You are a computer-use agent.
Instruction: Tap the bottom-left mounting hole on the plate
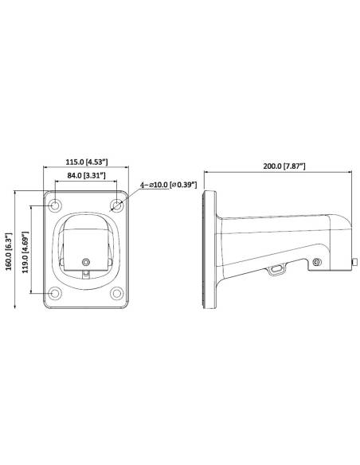click(55, 293)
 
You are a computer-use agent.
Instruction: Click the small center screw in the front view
click(85, 260)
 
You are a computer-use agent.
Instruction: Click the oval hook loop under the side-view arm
click(276, 270)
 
